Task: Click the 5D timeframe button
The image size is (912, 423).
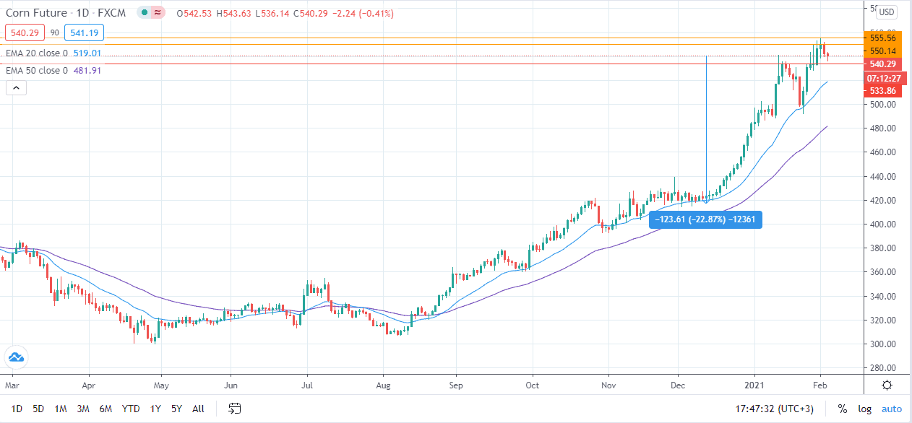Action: point(38,409)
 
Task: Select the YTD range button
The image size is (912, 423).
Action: point(131,409)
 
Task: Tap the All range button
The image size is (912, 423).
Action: point(198,409)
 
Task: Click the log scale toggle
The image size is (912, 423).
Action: point(865,409)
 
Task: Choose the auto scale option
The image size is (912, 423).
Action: point(892,409)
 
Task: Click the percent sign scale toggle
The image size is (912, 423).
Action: point(843,409)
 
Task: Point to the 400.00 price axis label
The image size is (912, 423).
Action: point(883,224)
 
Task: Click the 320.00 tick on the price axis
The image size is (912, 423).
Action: point(883,320)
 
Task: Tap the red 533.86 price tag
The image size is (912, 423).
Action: point(883,91)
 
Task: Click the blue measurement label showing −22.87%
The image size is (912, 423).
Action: point(705,219)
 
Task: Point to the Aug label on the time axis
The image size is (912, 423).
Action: point(383,385)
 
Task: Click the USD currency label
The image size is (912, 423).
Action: point(887,12)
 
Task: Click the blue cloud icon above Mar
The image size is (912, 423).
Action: point(15,357)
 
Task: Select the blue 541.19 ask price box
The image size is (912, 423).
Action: point(85,32)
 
